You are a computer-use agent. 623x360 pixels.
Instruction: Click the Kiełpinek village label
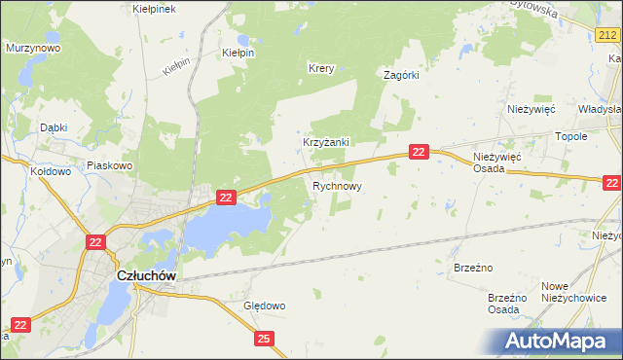tap(153, 8)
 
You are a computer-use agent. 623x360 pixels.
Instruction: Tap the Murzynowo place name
tap(33, 47)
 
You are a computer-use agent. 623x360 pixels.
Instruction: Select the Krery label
tap(321, 68)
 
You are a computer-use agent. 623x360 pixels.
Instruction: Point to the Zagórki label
tap(401, 75)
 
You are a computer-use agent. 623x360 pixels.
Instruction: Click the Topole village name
tap(570, 137)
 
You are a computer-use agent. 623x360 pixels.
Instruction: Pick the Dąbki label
tap(53, 126)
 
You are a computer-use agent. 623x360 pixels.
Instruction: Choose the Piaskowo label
tap(109, 165)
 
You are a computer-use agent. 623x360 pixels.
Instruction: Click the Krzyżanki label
tap(325, 141)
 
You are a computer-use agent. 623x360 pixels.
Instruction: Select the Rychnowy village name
tap(337, 185)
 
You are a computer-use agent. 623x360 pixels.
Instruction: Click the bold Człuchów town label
tap(146, 275)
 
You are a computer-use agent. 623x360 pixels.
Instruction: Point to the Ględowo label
tap(264, 306)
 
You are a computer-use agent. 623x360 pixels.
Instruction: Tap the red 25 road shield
tap(265, 338)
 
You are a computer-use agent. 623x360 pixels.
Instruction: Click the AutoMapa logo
tap(560, 342)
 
